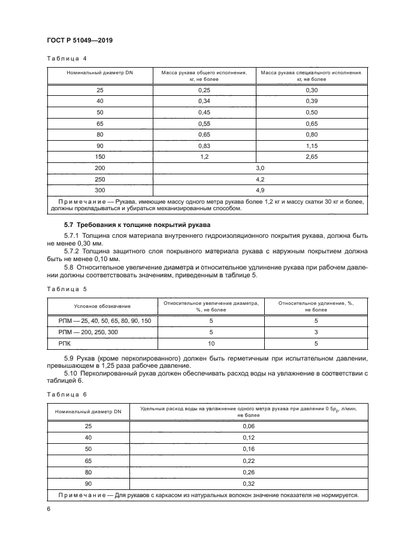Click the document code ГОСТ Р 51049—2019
[80, 40]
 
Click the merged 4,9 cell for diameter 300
[260, 190]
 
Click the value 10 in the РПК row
[210, 344]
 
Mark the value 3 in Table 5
[316, 332]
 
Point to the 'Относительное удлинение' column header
[316, 306]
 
